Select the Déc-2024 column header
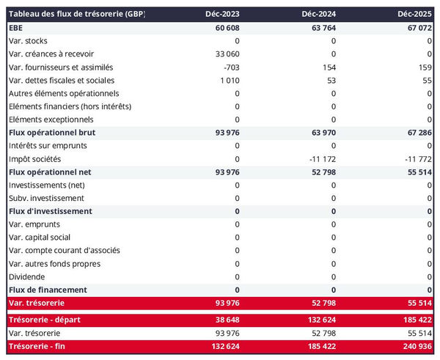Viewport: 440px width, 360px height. pos(318,15)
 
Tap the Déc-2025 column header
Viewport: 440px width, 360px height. pos(414,15)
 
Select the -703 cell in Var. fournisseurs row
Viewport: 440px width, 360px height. pos(229,67)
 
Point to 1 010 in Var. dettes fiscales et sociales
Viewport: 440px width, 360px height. pos(227,81)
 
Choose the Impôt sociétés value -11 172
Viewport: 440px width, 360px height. pos(320,159)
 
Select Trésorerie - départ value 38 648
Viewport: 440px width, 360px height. pos(224,320)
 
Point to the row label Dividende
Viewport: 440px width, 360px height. pos(26,277)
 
